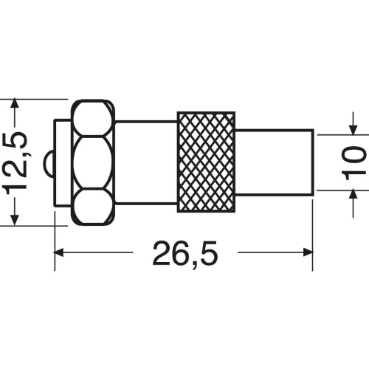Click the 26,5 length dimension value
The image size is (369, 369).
tap(185, 253)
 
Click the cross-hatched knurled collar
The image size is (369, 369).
tap(206, 162)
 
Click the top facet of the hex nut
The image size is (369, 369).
tap(92, 118)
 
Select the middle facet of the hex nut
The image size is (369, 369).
tap(93, 162)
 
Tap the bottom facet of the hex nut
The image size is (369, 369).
tap(92, 206)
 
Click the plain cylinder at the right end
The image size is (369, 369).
tap(275, 162)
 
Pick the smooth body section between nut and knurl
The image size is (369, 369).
tap(146, 162)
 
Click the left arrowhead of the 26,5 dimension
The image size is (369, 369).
tap(59, 252)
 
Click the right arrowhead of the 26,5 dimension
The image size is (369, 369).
tap(308, 252)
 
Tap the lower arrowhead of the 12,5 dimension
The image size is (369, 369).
tap(15, 220)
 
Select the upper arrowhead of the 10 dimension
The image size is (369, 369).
tap(354, 130)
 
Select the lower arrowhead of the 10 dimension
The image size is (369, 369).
tap(354, 195)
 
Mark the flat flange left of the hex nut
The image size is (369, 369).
tap(63, 162)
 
